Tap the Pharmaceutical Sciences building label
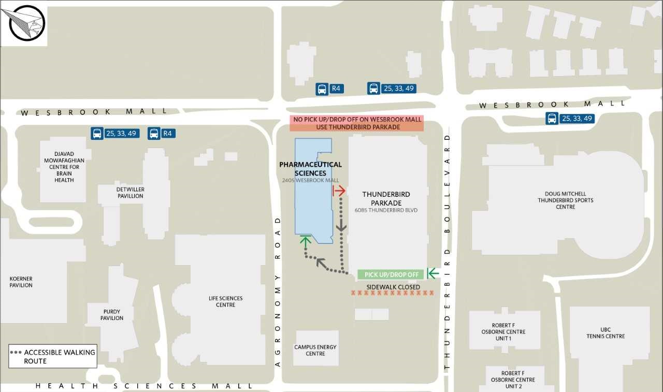click(310, 169)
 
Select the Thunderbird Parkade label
click(386, 198)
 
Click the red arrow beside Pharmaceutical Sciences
click(339, 191)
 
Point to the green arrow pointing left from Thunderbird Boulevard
click(433, 273)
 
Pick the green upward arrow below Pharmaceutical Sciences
click(306, 241)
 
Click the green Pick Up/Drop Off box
click(391, 274)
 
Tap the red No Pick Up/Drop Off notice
click(357, 123)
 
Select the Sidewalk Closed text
click(393, 287)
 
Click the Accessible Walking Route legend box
click(53, 356)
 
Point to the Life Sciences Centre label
click(225, 301)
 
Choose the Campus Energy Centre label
click(315, 350)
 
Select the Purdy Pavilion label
click(112, 315)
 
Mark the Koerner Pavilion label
click(21, 282)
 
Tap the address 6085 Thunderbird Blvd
click(386, 210)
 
